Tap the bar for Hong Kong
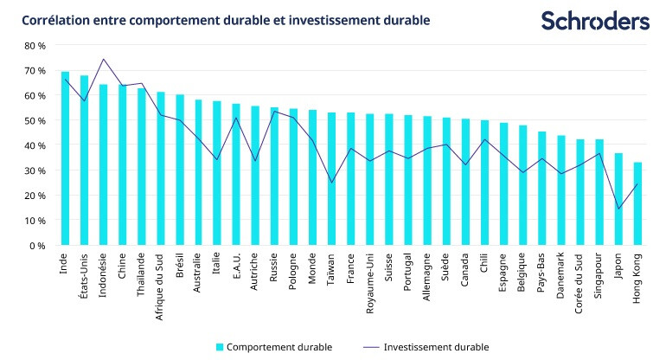[638, 203]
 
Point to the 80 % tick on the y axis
[34, 45]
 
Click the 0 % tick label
[37, 246]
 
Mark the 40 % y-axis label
[34, 145]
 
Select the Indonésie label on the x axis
[104, 273]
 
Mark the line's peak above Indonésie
[103, 59]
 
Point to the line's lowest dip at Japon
[619, 209]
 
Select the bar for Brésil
[180, 170]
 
